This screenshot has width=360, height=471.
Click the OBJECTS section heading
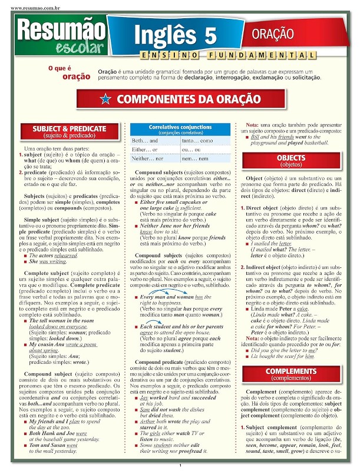(x=291, y=161)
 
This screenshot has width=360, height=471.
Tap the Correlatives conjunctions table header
(x=172, y=129)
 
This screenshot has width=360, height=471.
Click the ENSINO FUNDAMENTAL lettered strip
(x=236, y=55)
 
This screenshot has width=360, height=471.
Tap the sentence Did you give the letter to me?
(x=285, y=350)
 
